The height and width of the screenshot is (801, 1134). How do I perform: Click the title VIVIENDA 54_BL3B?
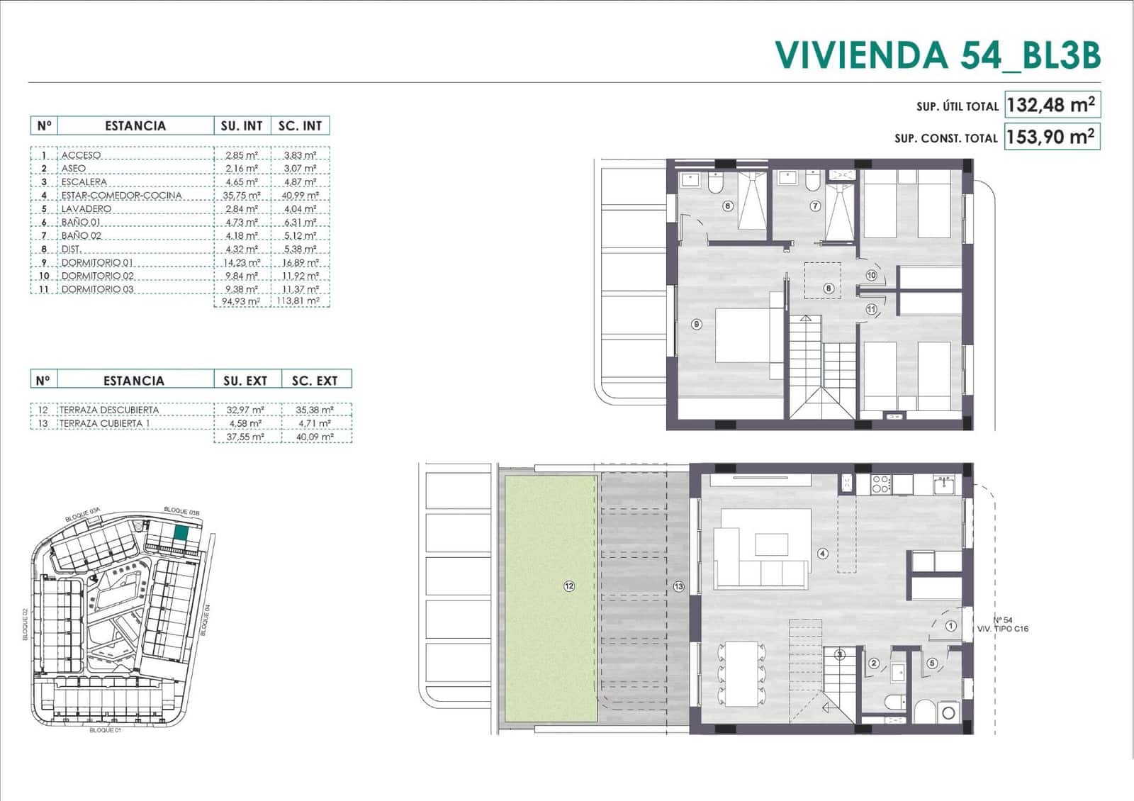[937, 55]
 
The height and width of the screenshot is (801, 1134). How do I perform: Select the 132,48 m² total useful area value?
[1051, 105]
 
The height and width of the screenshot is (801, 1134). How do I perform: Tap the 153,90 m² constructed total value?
[1051, 136]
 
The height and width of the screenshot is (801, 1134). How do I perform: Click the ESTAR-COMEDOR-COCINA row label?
[121, 195]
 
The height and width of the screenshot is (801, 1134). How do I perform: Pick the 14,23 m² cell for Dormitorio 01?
[242, 262]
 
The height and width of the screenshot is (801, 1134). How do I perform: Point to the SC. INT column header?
[300, 125]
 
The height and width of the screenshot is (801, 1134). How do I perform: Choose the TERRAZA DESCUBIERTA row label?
[109, 410]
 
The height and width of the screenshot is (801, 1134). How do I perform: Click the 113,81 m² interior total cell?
[300, 301]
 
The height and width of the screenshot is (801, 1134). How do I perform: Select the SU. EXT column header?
[245, 381]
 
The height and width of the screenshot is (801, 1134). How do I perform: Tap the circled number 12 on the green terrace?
[569, 586]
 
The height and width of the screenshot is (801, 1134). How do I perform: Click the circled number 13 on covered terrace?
[679, 586]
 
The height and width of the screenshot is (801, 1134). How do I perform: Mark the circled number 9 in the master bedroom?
[697, 324]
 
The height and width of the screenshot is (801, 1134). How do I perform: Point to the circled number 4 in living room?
[823, 554]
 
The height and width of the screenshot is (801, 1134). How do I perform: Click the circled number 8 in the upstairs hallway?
[829, 289]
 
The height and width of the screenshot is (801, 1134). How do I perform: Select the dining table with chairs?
[741, 673]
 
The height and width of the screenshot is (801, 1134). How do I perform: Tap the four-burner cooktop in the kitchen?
[880, 484]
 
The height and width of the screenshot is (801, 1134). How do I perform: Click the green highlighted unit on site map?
[181, 533]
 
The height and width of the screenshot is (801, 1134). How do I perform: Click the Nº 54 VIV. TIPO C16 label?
[1003, 624]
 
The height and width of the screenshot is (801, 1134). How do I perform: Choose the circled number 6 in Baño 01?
[727, 206]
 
